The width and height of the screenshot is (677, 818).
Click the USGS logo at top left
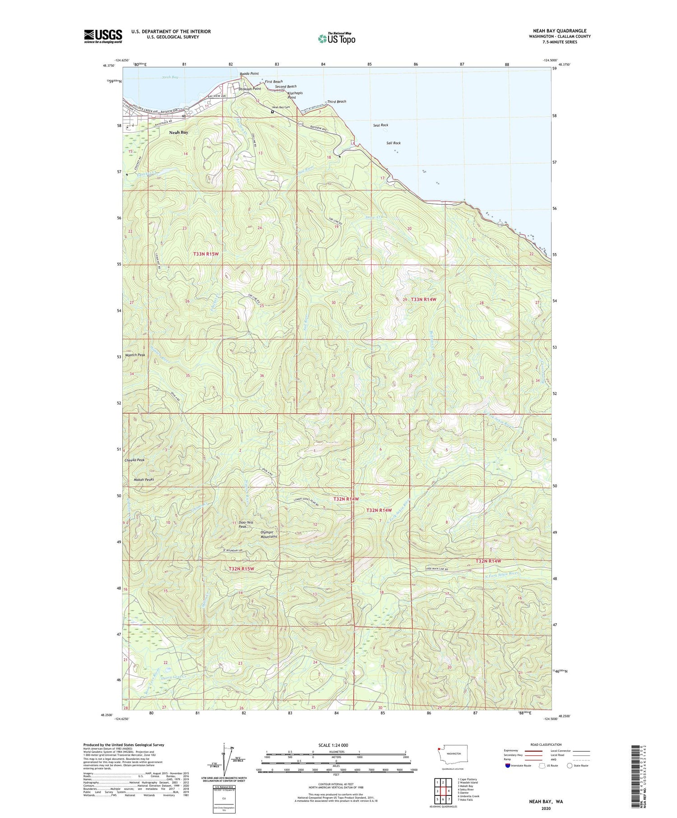(x=103, y=36)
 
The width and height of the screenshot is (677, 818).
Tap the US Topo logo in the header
(x=336, y=39)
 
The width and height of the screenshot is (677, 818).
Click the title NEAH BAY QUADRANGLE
(x=560, y=31)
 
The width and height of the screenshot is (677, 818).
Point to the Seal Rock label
(x=380, y=125)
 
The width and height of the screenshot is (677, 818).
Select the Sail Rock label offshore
(x=393, y=143)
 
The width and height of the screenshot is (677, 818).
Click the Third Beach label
(x=337, y=102)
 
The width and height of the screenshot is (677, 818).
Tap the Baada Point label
(x=249, y=74)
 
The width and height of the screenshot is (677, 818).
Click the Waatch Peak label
(x=135, y=355)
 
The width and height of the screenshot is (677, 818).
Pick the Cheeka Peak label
(x=134, y=460)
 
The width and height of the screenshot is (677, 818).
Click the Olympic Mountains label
(x=269, y=534)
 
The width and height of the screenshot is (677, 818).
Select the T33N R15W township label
(x=206, y=254)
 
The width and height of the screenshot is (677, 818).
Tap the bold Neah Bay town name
(x=179, y=133)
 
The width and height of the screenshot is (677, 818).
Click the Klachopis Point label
(x=295, y=95)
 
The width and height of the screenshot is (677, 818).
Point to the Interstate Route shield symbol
(x=508, y=766)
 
